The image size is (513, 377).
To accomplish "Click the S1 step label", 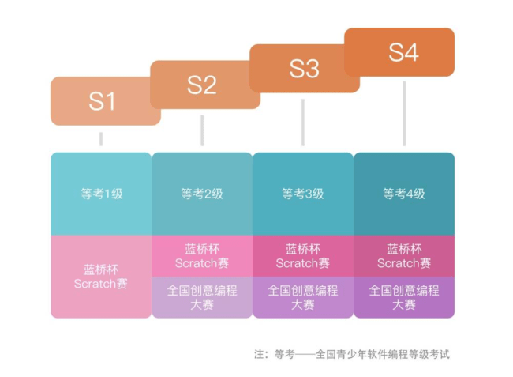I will (101, 101).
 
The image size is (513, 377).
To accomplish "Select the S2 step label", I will (201, 85).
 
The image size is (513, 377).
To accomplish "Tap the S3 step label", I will (303, 69).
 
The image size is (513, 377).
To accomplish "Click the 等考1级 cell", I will (101, 193).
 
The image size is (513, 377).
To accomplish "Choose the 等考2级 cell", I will (202, 193).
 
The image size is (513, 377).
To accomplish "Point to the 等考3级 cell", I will (303, 193).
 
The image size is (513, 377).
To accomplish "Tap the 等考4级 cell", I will (404, 193).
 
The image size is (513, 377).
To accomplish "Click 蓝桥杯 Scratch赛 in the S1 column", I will (101, 276).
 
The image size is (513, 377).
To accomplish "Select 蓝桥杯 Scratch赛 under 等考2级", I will (202, 255).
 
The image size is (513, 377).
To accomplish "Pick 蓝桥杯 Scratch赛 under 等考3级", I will (303, 255).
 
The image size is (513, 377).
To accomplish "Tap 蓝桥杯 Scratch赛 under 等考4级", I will (404, 255).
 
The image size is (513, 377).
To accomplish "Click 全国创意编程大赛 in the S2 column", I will (202, 296).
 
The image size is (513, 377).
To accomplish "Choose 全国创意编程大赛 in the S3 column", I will (303, 296).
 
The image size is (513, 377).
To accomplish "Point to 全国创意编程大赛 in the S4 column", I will (404, 296).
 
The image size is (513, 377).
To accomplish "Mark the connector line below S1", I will (101, 139).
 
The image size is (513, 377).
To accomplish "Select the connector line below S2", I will (202, 130).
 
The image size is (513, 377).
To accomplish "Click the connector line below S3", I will (303, 122).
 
